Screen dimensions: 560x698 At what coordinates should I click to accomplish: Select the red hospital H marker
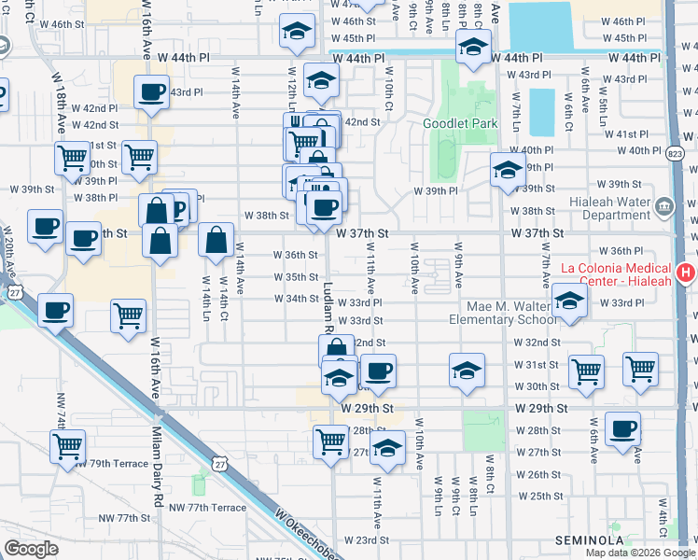point(686,273)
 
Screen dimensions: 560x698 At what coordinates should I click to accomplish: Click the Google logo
point(30,549)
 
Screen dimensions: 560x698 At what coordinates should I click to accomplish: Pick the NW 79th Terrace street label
point(114,463)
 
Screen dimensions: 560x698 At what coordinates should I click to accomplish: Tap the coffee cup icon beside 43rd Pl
point(151,92)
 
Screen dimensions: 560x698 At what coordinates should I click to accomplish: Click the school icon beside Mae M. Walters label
point(568,301)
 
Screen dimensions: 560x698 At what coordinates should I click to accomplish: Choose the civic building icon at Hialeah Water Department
point(664,205)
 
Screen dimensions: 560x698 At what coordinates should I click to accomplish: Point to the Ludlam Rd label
point(329,308)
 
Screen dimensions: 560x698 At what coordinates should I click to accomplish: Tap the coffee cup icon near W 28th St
point(622,428)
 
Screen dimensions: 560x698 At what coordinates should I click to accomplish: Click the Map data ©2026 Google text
point(640,553)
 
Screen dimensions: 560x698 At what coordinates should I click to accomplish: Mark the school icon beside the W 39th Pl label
point(508,170)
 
